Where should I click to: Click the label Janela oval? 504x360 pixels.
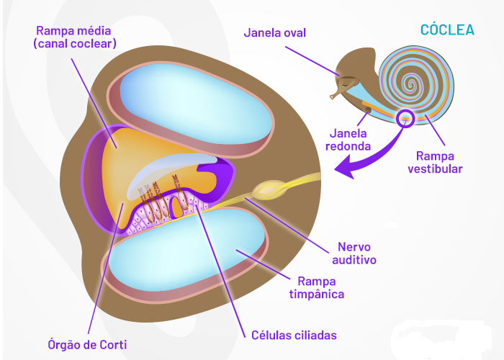tap(275, 32)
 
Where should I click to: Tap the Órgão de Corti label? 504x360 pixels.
tap(91, 344)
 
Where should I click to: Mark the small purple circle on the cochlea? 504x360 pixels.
tap(405, 117)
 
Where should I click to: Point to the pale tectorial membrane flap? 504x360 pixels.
tap(173, 169)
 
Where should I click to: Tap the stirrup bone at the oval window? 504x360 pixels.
tap(338, 91)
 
